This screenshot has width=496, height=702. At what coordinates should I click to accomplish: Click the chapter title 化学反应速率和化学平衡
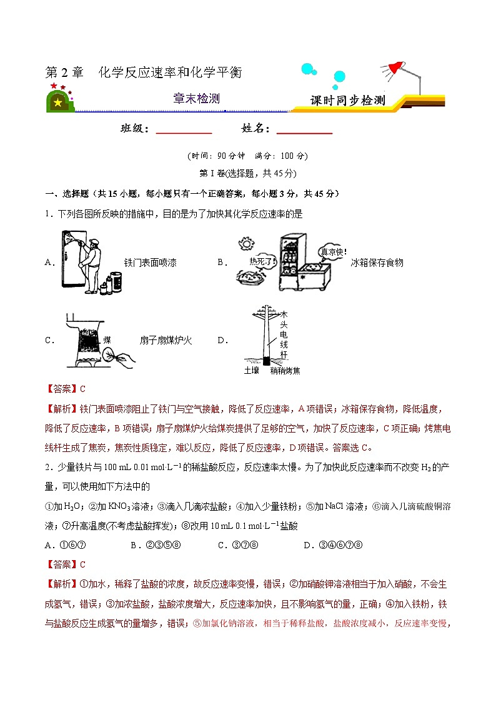click(170, 73)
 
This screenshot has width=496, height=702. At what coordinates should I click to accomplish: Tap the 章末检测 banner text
click(196, 99)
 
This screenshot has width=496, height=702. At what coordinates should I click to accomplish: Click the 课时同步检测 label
click(348, 101)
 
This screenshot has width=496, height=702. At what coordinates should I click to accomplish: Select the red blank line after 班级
click(184, 131)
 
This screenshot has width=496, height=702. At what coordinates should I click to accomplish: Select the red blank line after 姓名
click(304, 131)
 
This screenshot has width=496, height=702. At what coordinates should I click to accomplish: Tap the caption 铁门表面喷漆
click(150, 263)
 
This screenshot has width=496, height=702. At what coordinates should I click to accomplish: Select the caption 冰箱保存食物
click(377, 263)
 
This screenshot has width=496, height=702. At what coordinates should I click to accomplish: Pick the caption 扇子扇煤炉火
click(166, 341)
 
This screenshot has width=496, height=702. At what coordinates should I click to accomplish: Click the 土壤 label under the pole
click(251, 371)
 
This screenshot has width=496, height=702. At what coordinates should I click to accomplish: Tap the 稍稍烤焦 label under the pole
click(285, 371)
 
